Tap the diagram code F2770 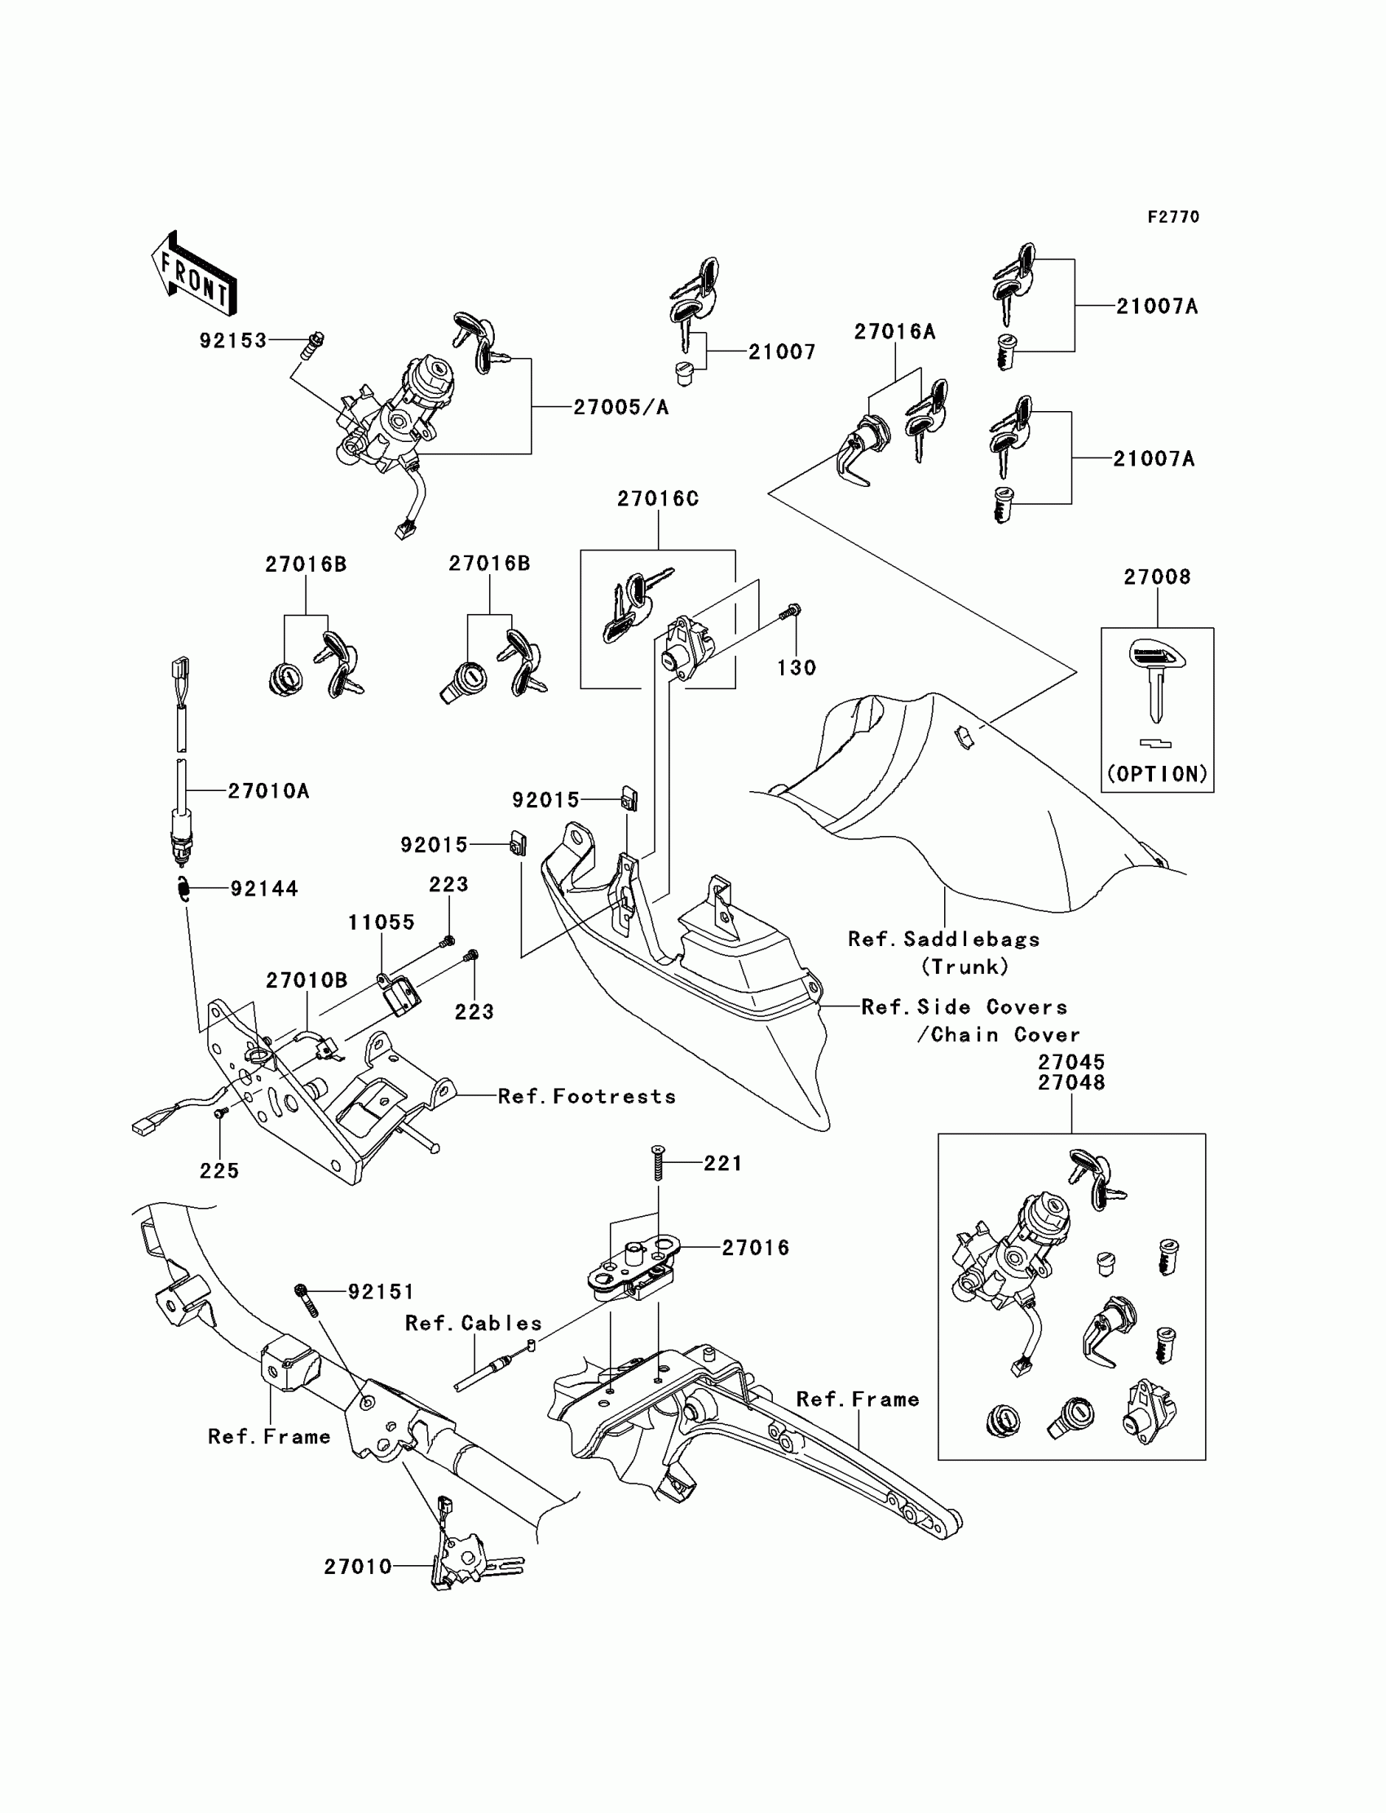tap(1173, 217)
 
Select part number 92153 tap(233, 341)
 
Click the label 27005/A tap(621, 407)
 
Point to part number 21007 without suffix tap(782, 352)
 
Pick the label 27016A tap(895, 332)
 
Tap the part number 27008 tap(1158, 577)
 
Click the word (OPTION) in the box tap(1158, 774)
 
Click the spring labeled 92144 tap(184, 889)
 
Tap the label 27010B tap(307, 980)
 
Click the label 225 tap(219, 1171)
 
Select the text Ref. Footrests tap(587, 1096)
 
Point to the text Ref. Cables tap(474, 1323)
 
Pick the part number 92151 tap(382, 1292)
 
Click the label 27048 tap(1071, 1082)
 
